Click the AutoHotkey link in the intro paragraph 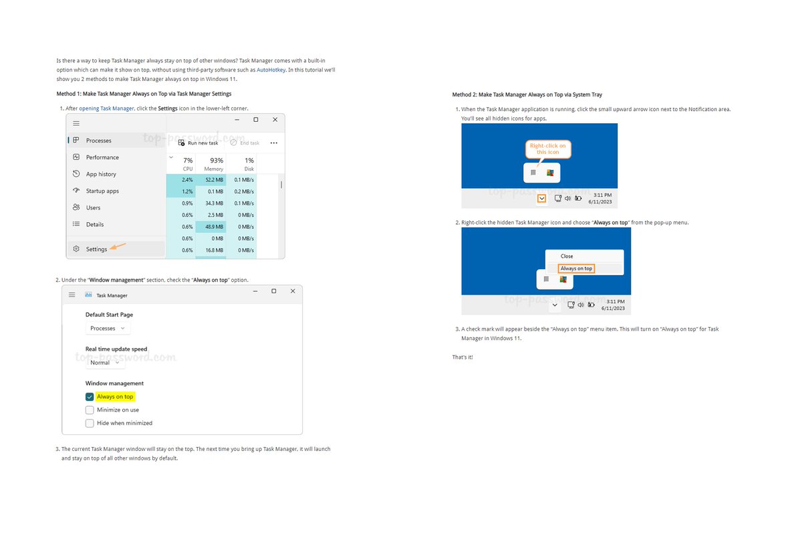coord(271,70)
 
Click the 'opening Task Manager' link coord(106,108)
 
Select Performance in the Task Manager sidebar coord(102,157)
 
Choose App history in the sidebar coord(101,174)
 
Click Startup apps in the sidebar coord(102,191)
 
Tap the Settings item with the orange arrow coord(96,249)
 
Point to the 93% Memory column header coord(216,164)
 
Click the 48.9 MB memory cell coord(214,226)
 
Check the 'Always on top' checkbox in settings coord(90,397)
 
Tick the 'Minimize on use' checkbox coord(90,410)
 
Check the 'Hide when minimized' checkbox coord(90,423)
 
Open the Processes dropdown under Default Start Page coord(108,329)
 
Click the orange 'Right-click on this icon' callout coord(547,149)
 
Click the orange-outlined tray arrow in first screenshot coord(541,198)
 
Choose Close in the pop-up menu coord(567,256)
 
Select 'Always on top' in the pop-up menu coord(576,268)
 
